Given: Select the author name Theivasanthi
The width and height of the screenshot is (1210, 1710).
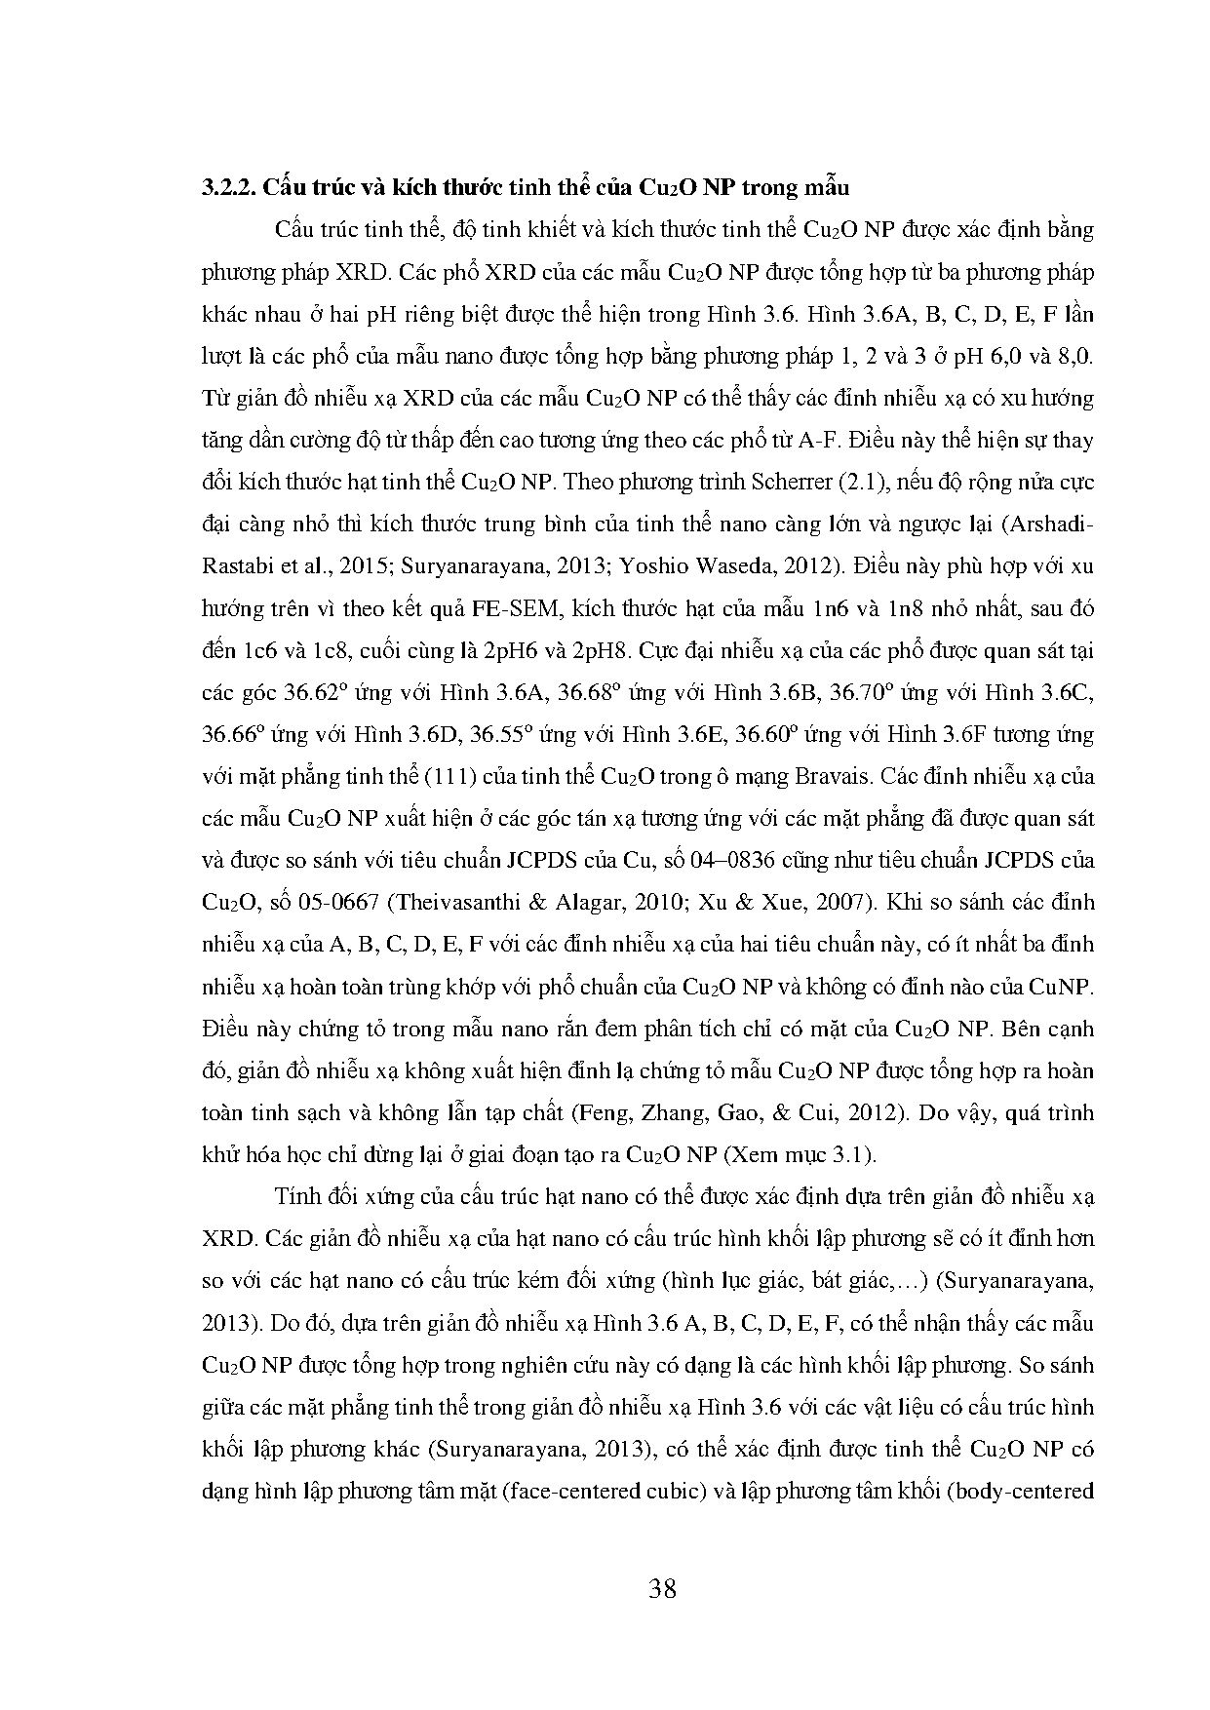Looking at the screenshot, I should coord(455,903).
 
